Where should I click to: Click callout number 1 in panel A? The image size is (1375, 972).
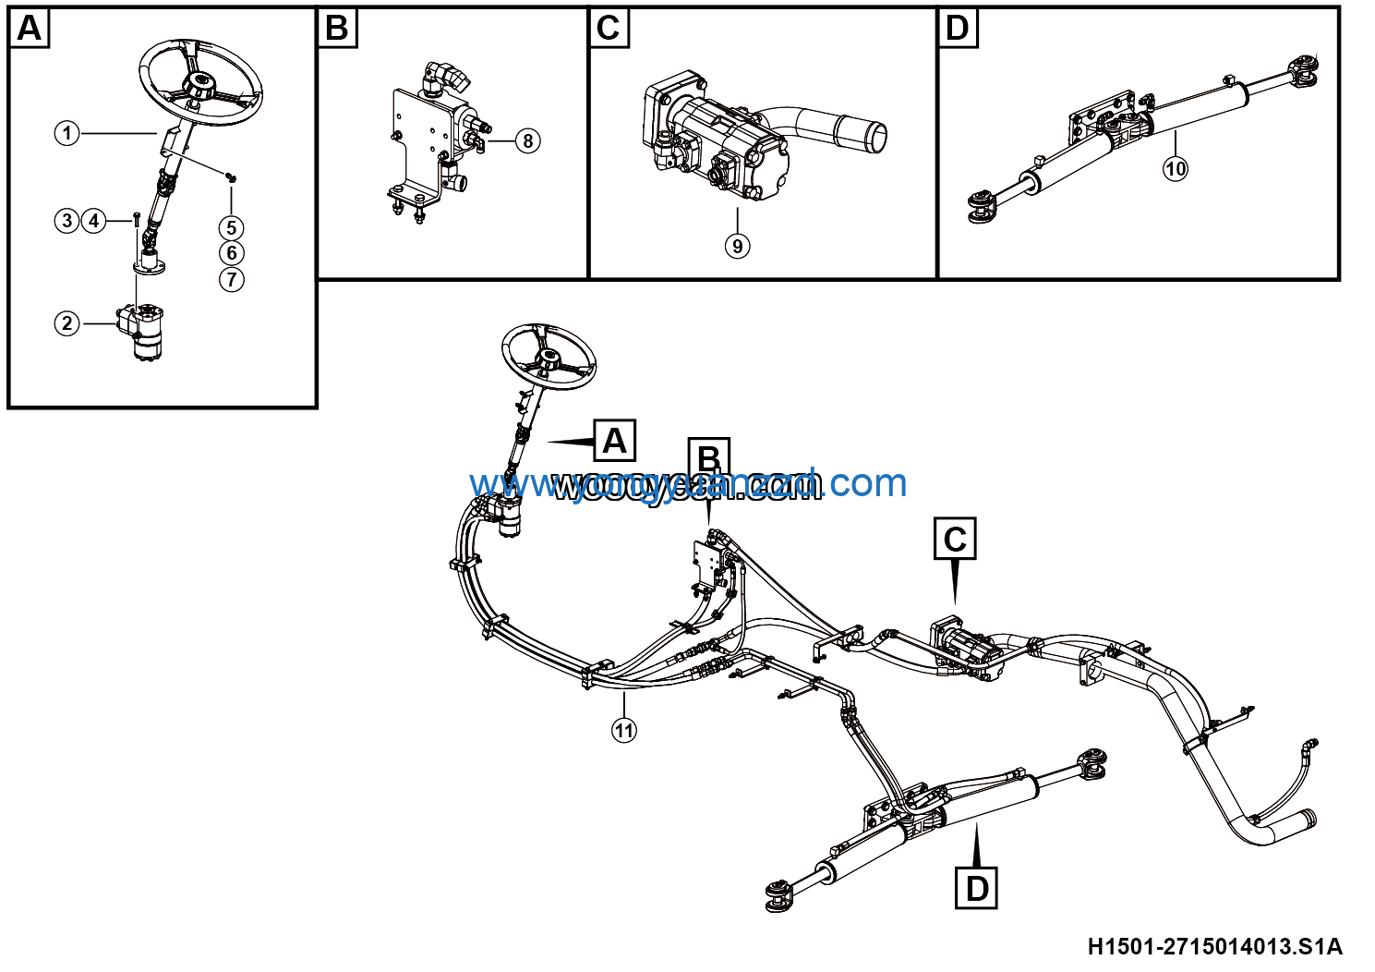(66, 133)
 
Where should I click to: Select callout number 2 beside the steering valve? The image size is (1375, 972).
(66, 323)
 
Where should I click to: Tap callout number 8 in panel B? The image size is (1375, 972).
(527, 140)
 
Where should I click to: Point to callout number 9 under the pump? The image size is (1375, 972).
(737, 246)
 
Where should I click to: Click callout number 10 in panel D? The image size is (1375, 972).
(1175, 168)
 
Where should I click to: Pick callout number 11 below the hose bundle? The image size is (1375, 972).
(624, 730)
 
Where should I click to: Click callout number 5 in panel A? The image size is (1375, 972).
(231, 227)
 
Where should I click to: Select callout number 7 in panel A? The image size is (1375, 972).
(231, 279)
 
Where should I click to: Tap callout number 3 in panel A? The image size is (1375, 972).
(66, 221)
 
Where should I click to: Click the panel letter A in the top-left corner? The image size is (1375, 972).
(30, 29)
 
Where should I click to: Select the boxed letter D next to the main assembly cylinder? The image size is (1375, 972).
(976, 888)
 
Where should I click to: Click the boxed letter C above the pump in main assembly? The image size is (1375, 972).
(955, 539)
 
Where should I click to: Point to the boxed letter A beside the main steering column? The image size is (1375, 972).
(614, 441)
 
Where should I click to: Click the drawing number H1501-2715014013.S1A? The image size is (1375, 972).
(1214, 946)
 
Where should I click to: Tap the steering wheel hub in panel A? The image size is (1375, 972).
(199, 86)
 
